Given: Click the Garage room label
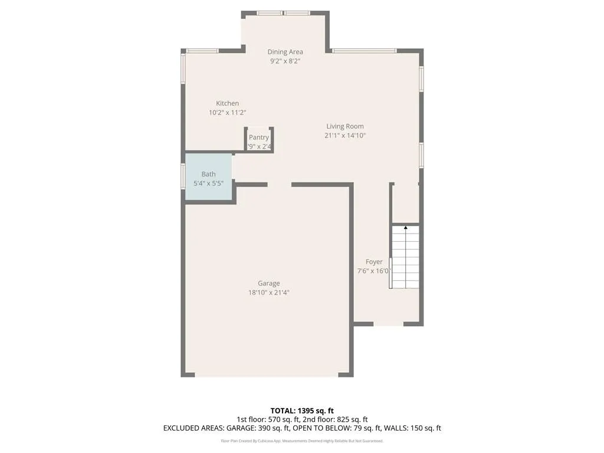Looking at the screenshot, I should (x=268, y=283).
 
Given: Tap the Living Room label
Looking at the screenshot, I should (x=345, y=126).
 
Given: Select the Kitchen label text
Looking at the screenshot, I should (x=227, y=103).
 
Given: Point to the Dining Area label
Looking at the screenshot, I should (x=285, y=52).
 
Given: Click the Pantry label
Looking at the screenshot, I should (x=258, y=137).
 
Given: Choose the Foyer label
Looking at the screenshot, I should (x=374, y=262).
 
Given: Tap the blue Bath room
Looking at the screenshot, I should (x=209, y=177).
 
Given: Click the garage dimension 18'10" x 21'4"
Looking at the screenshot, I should (x=268, y=293).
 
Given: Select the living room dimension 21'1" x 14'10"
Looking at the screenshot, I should (x=345, y=136).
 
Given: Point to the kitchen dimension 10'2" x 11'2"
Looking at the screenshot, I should (x=227, y=113).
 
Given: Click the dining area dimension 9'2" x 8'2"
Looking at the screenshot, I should (x=285, y=61).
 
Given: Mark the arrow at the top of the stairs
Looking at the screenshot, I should (x=405, y=227).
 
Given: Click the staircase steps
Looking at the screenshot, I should (x=405, y=260).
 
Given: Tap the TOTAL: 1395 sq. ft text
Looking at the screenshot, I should (x=302, y=411).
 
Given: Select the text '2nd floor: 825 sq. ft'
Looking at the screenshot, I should (x=335, y=419).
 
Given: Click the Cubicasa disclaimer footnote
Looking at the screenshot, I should (x=302, y=441).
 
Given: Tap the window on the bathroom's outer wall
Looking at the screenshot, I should (x=183, y=176).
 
